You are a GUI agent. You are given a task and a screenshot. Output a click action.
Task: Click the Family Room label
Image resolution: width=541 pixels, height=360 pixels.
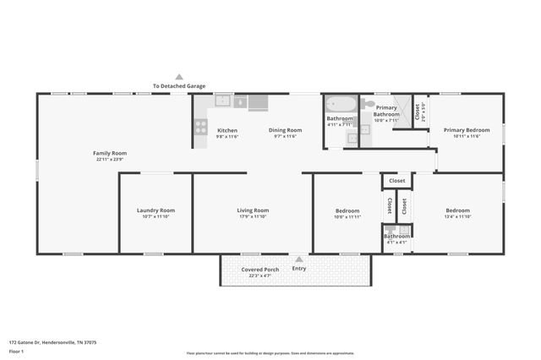tap(110, 153)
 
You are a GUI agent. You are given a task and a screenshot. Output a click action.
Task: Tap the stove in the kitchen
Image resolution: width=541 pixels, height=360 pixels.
tap(200, 127)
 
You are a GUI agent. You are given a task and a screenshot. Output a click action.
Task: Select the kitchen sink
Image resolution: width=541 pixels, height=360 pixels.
tap(223, 101)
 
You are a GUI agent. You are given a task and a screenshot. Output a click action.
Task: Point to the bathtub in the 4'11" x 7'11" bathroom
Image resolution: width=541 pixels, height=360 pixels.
tap(341, 105)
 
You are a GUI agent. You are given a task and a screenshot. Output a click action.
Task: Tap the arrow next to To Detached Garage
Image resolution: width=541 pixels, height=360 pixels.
tap(179, 77)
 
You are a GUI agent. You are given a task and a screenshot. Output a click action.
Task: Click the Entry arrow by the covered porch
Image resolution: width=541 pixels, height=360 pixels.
tap(298, 259)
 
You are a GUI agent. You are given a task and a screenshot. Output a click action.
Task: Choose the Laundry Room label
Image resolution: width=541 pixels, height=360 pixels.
tap(156, 210)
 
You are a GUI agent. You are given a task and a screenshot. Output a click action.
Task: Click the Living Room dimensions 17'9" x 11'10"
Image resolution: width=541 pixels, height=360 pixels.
tap(252, 217)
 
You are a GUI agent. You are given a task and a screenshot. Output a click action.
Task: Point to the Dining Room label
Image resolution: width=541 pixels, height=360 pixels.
tap(285, 130)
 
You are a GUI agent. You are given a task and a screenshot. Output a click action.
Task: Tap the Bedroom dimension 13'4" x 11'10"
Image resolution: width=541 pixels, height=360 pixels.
tap(457, 217)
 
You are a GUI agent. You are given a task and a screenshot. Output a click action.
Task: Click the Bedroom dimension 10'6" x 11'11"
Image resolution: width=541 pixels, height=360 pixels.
tap(347, 217)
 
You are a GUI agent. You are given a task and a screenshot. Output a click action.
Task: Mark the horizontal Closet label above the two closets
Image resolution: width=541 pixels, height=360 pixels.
tap(397, 181)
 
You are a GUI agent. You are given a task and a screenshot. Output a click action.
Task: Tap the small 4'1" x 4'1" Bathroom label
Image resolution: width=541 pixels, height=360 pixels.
tap(396, 236)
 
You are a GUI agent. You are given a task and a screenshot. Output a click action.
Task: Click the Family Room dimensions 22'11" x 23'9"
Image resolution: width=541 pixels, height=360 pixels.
tap(110, 160)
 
